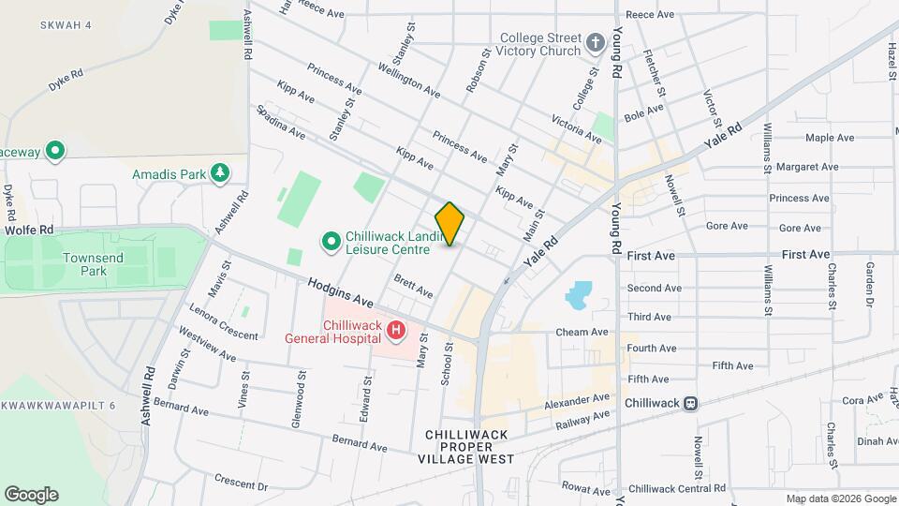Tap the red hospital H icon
[397, 330]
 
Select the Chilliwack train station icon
[690, 403]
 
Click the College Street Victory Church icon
[595, 43]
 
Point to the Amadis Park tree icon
[220, 173]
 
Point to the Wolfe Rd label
[29, 230]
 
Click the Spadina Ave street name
[281, 123]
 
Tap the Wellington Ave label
[408, 81]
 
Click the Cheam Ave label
[582, 332]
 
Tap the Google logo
[31, 495]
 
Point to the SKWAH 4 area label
[66, 24]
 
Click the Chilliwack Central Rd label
[677, 488]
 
